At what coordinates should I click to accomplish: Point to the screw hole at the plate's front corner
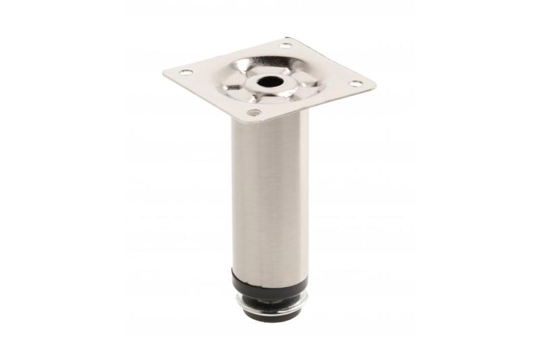(x=254, y=112)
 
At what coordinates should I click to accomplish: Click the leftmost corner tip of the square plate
(x=164, y=72)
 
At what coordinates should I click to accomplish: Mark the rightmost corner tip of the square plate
(x=376, y=85)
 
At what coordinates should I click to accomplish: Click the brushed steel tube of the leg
(x=269, y=196)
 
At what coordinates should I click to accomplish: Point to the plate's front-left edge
(x=206, y=98)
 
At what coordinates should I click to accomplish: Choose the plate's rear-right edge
(x=332, y=61)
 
